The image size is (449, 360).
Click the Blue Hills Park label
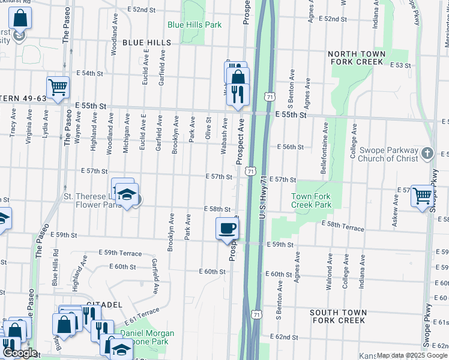tap(194, 25)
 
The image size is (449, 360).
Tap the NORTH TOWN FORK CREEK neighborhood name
tap(355, 58)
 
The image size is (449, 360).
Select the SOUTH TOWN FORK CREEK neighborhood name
tap(337, 316)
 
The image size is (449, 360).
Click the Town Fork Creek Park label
tap(311, 200)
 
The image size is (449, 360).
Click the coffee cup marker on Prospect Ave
tap(228, 229)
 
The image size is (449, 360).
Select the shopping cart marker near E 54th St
tap(58, 88)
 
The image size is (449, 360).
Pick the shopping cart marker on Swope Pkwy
tap(423, 195)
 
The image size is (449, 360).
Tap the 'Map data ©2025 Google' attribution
tap(411, 355)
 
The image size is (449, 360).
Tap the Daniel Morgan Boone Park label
tap(147, 337)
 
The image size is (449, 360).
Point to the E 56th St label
tap(291, 146)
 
